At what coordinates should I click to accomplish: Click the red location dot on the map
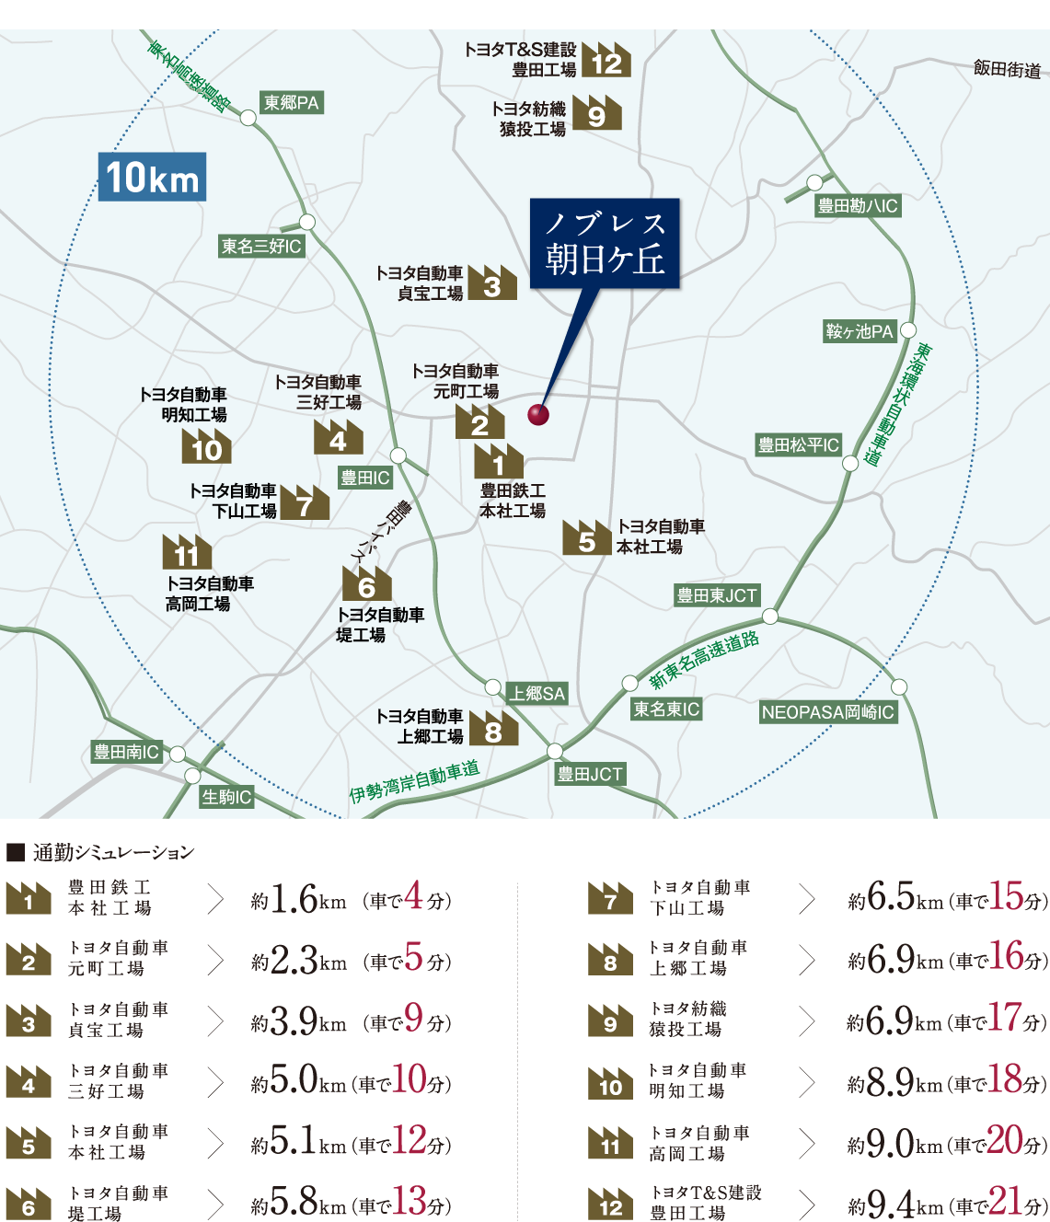point(538,414)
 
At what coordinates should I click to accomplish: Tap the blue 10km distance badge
point(153,177)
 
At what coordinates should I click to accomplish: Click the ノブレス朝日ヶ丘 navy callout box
point(605,244)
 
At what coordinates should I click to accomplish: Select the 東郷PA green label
point(291,103)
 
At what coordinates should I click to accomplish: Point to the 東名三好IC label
point(261,247)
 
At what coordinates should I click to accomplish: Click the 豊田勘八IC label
point(858,206)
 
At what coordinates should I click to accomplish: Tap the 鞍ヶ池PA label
point(860,331)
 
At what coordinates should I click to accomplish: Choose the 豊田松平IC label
point(798,445)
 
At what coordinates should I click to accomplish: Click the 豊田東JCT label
point(717,595)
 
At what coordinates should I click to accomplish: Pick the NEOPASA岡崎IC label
point(827,712)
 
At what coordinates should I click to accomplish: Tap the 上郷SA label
point(537,694)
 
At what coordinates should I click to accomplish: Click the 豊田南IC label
point(126,752)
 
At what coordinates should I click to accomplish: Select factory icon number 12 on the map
point(606,61)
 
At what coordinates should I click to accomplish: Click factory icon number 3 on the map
point(492,283)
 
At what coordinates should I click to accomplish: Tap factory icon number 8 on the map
point(493,729)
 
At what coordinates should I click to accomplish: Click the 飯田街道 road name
point(1007,69)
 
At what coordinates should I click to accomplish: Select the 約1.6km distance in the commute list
point(298,900)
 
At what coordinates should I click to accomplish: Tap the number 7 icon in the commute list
point(610,899)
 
